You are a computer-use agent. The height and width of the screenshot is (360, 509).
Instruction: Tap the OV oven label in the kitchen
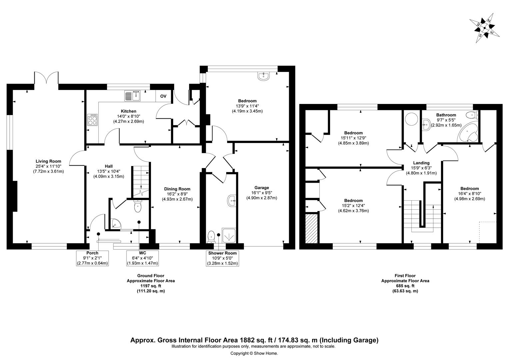(x=163, y=96)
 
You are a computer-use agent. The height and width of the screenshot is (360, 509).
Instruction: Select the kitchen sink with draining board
(x=133, y=96)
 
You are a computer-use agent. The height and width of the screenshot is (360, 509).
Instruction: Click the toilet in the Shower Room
(x=211, y=237)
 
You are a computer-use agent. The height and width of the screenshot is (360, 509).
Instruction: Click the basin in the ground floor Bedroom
(x=263, y=76)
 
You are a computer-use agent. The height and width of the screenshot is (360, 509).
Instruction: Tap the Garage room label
(x=261, y=188)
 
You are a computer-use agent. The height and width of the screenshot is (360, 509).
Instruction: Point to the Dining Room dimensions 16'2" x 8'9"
(x=177, y=194)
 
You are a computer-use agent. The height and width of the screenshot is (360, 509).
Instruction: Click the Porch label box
(x=92, y=258)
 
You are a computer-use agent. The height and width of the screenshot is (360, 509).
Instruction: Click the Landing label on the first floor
(x=421, y=163)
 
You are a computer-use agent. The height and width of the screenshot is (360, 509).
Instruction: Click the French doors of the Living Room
(x=46, y=78)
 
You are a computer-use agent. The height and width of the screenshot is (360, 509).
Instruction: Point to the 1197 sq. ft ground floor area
(x=151, y=286)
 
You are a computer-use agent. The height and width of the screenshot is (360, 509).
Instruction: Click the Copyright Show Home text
(x=254, y=353)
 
